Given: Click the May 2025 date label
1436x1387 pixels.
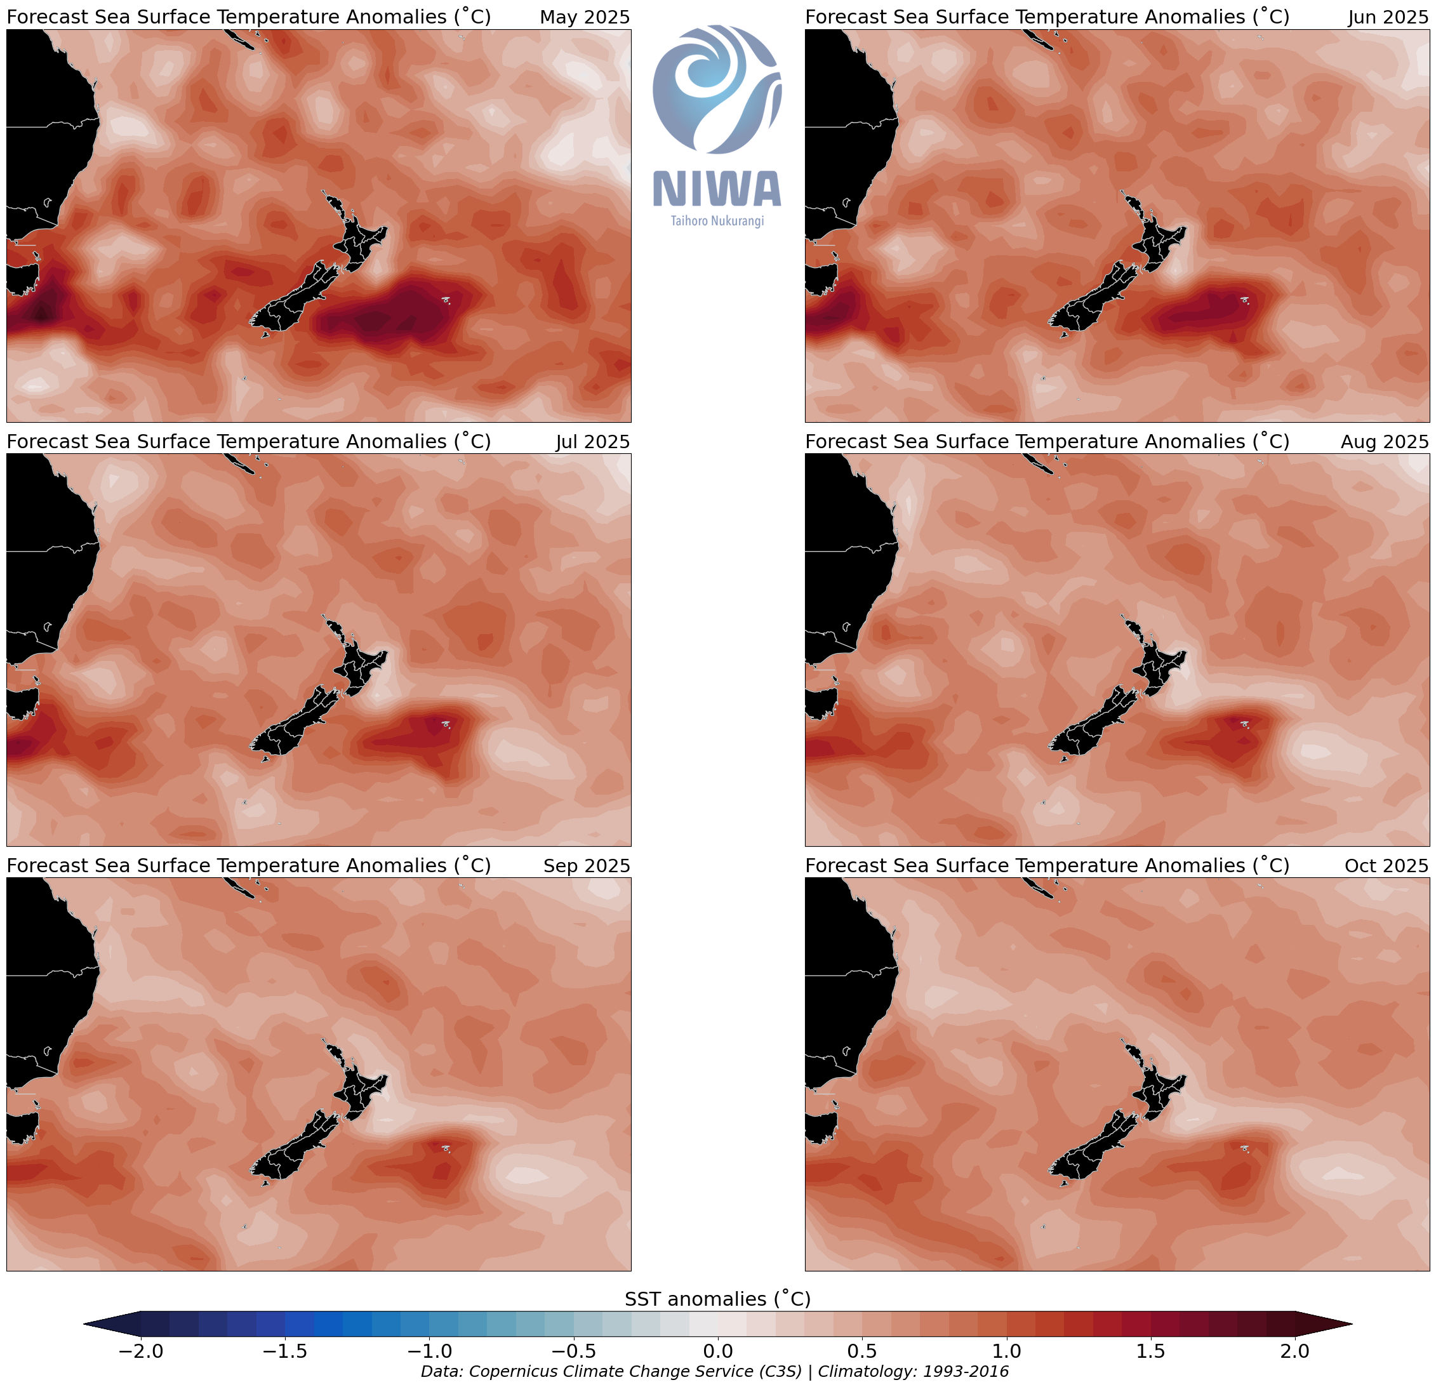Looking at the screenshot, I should click(x=585, y=17).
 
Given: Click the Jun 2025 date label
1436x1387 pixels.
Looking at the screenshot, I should click(x=1388, y=17).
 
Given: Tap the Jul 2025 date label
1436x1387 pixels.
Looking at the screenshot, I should click(x=592, y=441).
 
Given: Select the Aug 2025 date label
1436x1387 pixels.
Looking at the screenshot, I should click(x=1384, y=441).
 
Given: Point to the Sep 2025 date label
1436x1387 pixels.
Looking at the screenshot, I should click(x=586, y=865).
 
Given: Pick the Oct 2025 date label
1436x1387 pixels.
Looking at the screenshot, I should click(x=1385, y=865).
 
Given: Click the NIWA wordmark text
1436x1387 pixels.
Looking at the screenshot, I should click(x=717, y=189).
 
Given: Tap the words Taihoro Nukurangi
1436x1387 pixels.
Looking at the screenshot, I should click(x=717, y=220).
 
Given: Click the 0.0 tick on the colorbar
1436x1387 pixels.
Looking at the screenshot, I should click(x=718, y=1350).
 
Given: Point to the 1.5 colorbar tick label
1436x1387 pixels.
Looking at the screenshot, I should click(x=1150, y=1350).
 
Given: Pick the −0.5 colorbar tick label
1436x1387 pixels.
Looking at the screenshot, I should click(x=574, y=1350).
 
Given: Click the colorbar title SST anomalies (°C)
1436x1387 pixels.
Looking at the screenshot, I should click(x=717, y=1298).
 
